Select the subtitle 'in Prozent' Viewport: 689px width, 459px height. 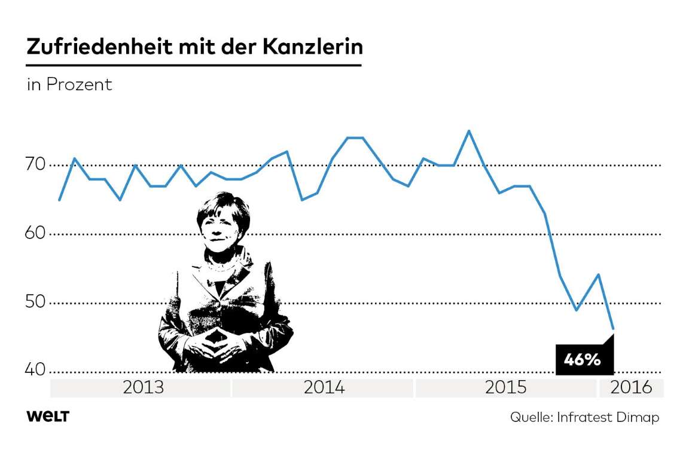point(69,85)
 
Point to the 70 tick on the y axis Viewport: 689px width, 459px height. point(37,164)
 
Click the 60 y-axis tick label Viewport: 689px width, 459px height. point(37,234)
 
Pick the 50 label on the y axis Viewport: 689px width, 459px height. point(37,302)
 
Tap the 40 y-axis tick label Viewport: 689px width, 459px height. point(37,371)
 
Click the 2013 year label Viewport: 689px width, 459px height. point(143,387)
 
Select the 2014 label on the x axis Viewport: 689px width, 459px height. point(324,387)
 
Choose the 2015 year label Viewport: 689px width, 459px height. point(505,387)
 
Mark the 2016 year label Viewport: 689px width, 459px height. point(631,387)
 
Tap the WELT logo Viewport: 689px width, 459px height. point(48,417)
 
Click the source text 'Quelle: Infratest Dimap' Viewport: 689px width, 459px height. point(584,417)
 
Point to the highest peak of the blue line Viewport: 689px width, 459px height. point(469,130)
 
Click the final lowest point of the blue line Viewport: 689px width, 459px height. point(613,329)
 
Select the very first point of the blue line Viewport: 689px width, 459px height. point(59,200)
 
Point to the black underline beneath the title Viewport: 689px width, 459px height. point(194,65)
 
